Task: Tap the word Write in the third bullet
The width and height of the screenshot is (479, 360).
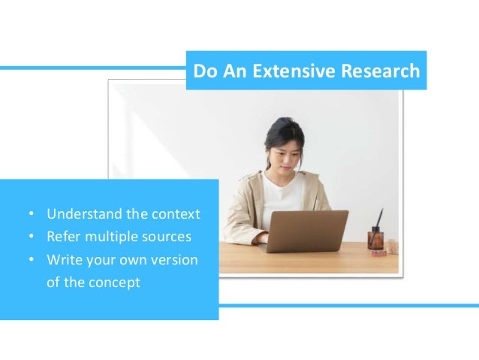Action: pyautogui.click(x=63, y=261)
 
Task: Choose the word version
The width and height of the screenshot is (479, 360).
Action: pyautogui.click(x=174, y=261)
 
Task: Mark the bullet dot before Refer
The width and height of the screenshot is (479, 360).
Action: pyautogui.click(x=31, y=238)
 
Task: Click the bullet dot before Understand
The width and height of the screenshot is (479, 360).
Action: pyautogui.click(x=31, y=215)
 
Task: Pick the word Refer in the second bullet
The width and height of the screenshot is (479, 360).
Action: pyautogui.click(x=63, y=237)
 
